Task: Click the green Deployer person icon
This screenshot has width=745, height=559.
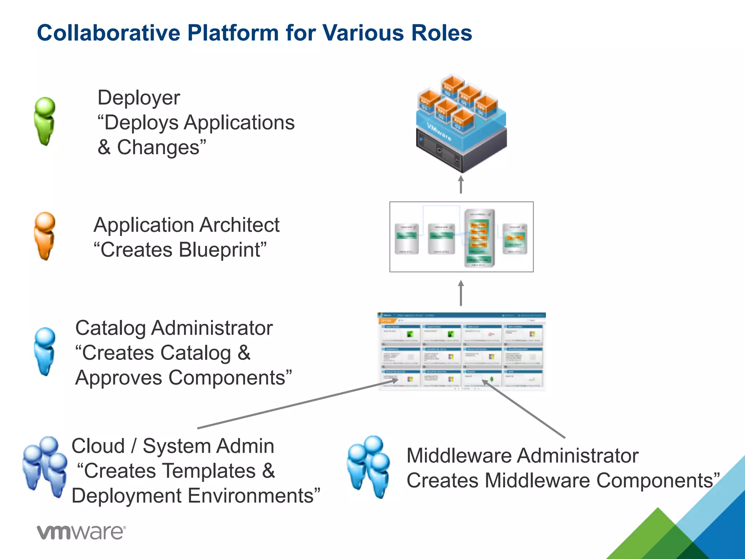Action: (45, 121)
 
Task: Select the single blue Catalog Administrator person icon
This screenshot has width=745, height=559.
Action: (45, 351)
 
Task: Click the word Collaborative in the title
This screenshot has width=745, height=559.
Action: (108, 33)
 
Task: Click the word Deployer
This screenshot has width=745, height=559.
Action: (139, 98)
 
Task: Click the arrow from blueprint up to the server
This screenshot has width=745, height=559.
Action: (461, 185)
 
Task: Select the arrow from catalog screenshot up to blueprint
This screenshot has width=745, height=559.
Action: (461, 293)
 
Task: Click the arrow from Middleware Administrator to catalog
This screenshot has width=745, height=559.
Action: (524, 409)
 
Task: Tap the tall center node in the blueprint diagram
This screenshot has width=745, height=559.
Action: (479, 238)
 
